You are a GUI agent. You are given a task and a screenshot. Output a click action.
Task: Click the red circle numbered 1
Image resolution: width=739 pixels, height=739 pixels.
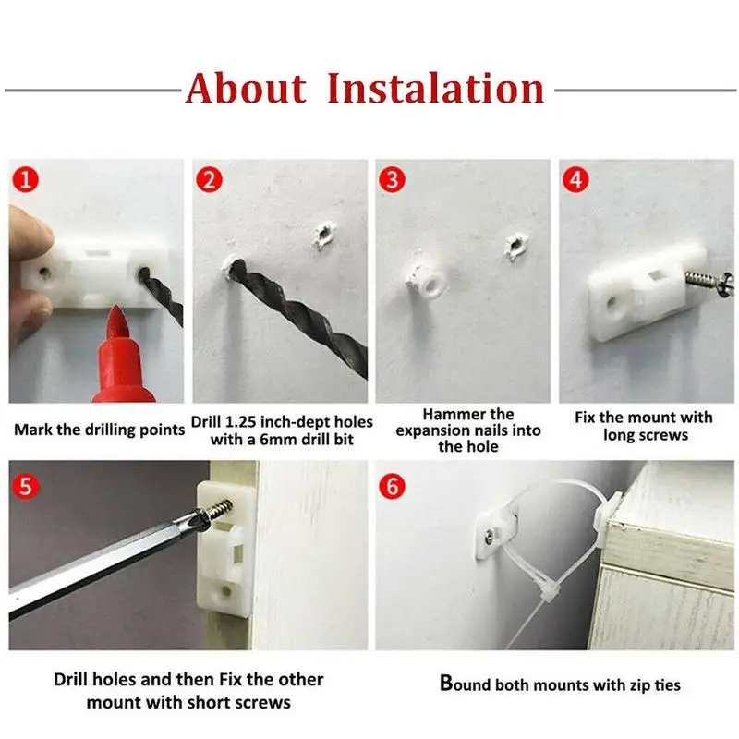26,179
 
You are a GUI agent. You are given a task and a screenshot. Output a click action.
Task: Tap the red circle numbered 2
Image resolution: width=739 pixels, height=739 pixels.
210,179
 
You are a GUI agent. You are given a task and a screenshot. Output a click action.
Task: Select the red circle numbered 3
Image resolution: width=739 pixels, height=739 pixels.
392,179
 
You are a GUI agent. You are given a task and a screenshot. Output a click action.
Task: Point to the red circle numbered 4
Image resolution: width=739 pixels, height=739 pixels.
575,179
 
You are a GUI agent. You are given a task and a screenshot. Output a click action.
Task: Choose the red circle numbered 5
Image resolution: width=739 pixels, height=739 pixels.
26,486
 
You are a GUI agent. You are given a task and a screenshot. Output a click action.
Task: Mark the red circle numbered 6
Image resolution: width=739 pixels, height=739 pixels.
392,486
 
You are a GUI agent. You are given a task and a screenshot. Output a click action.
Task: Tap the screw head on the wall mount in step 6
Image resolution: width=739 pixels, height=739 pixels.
491,537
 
